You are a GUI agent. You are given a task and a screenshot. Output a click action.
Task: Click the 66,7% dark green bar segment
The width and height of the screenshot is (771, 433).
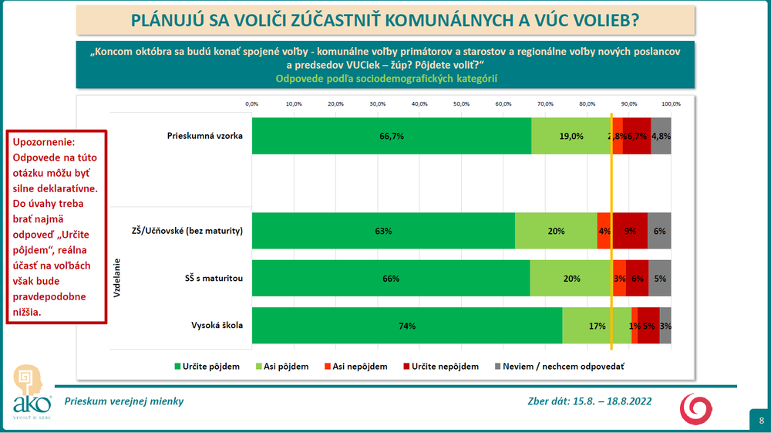click(392, 136)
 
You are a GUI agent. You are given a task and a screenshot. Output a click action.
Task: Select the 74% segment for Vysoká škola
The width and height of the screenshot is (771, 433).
click(407, 326)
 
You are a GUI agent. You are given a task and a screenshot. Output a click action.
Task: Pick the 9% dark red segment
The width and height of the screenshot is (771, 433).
click(630, 231)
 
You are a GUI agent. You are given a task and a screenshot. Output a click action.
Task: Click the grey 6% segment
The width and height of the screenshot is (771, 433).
click(659, 231)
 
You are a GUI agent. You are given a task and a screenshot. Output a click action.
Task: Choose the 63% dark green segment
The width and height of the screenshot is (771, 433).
click(383, 231)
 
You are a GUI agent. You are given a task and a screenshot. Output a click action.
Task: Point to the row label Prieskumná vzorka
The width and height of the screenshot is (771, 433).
click(205, 136)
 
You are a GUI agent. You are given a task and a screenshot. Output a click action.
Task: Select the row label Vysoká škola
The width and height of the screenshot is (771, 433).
click(217, 325)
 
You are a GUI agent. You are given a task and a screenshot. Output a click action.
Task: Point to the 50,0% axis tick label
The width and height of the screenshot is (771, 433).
click(461, 103)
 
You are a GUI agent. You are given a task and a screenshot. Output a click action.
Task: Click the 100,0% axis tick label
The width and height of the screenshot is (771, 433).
click(670, 103)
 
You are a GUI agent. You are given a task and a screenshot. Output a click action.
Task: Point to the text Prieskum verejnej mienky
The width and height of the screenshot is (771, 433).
click(124, 401)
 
